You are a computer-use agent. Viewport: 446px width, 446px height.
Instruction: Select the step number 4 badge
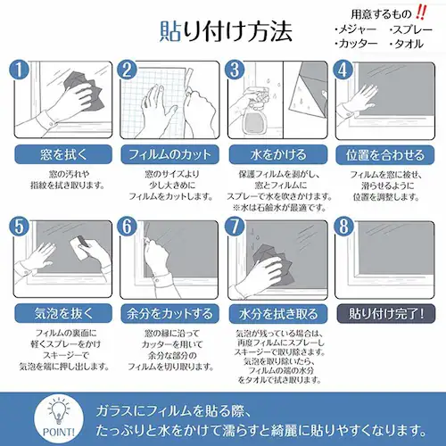click(343, 70)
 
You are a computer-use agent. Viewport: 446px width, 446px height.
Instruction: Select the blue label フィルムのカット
click(169, 153)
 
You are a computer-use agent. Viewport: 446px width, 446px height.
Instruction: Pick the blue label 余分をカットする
click(169, 313)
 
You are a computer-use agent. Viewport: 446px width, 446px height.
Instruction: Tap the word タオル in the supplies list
click(411, 44)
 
